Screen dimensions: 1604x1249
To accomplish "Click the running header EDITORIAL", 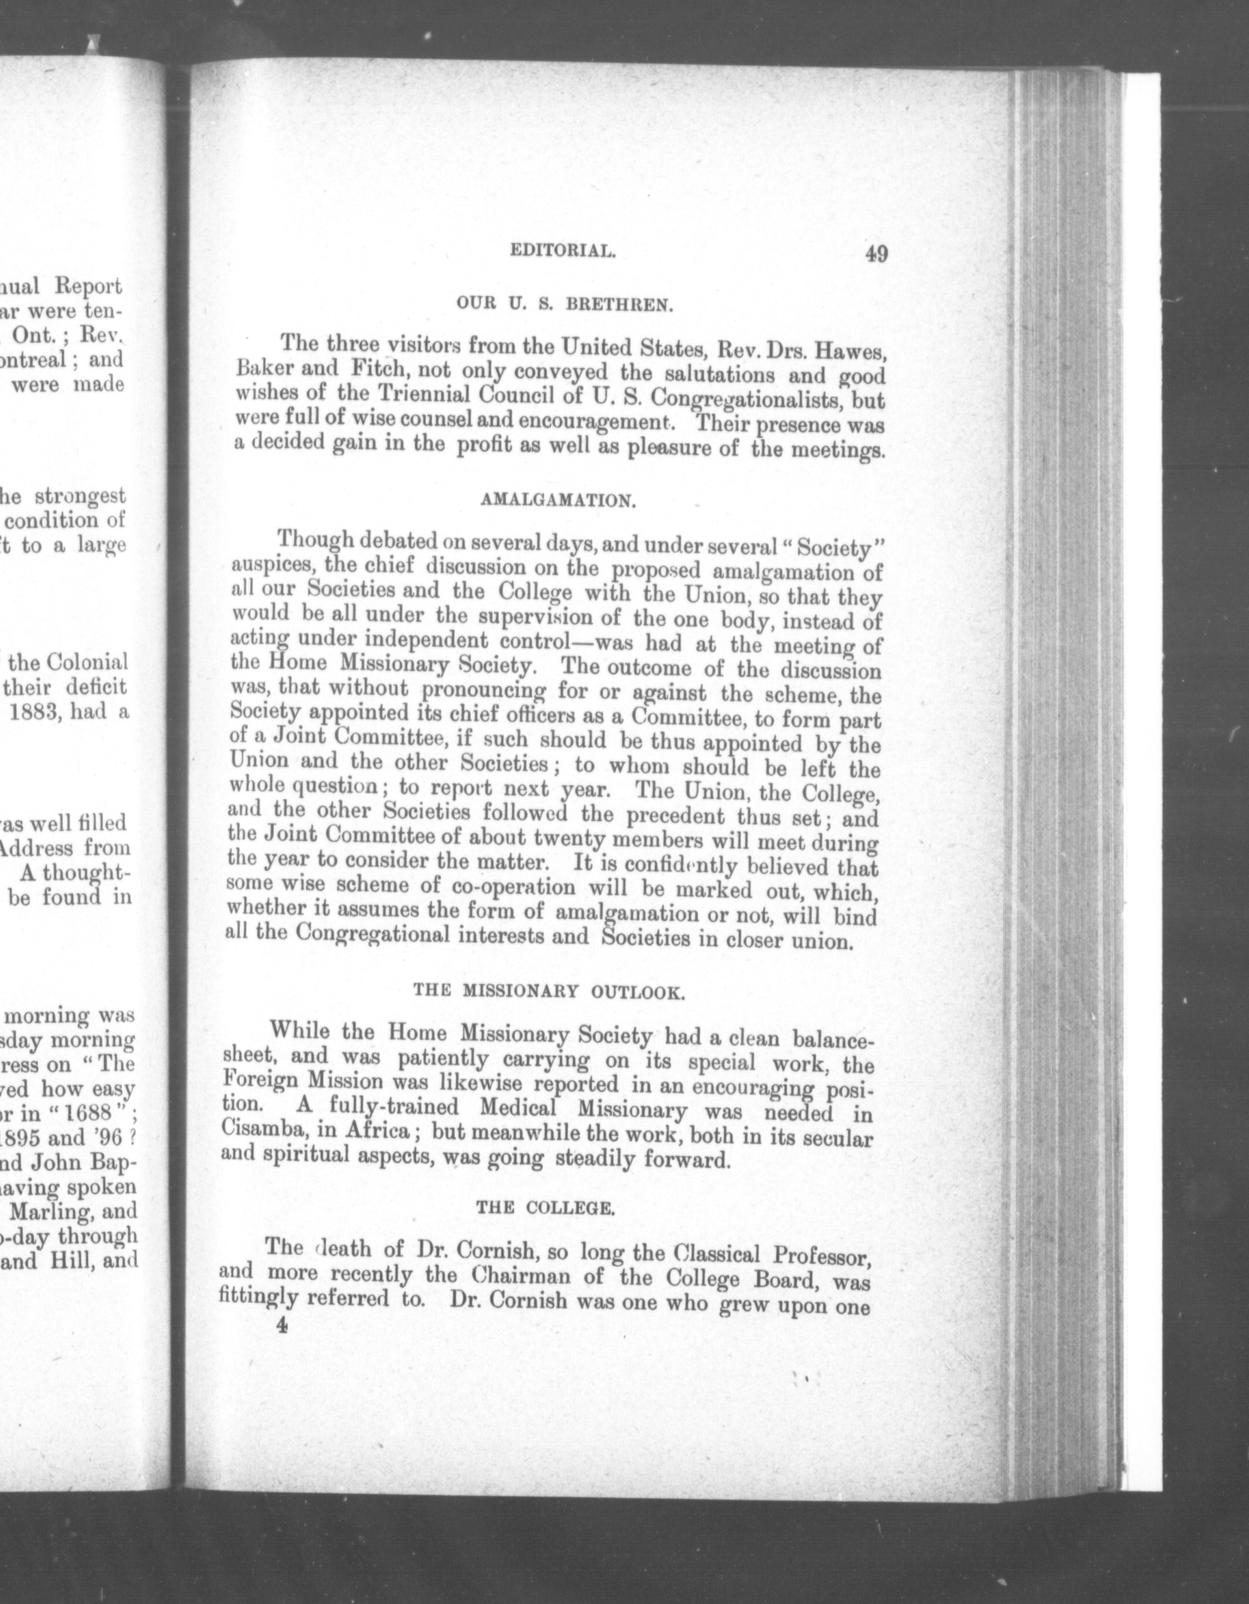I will click(x=562, y=252).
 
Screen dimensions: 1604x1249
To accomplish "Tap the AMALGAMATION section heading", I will click(x=558, y=502).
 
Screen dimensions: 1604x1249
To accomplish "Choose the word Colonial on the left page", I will click(x=88, y=663).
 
